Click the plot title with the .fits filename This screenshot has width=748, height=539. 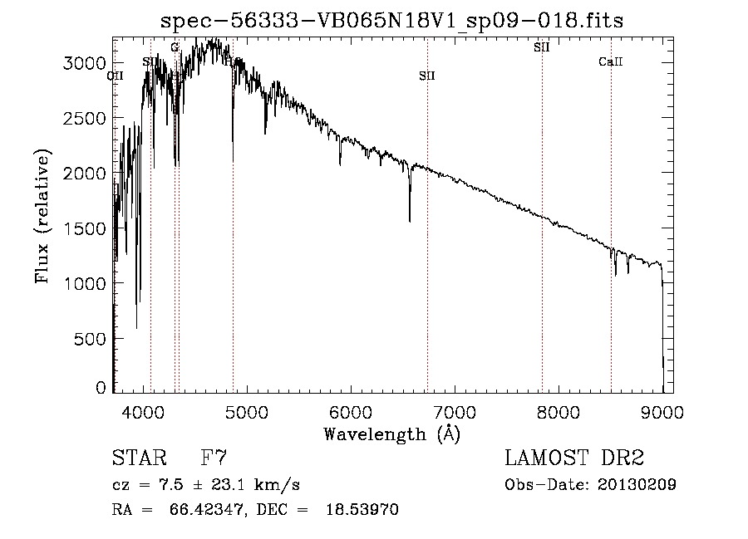pos(391,20)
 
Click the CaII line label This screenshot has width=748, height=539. pos(611,62)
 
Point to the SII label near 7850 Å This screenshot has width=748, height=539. pos(542,47)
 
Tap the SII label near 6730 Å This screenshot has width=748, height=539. pos(427,76)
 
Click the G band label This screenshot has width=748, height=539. pos(175,47)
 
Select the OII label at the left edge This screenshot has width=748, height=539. pos(116,76)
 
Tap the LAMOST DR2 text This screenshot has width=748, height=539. pos(574,458)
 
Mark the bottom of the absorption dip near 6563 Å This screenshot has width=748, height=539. pos(410,221)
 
